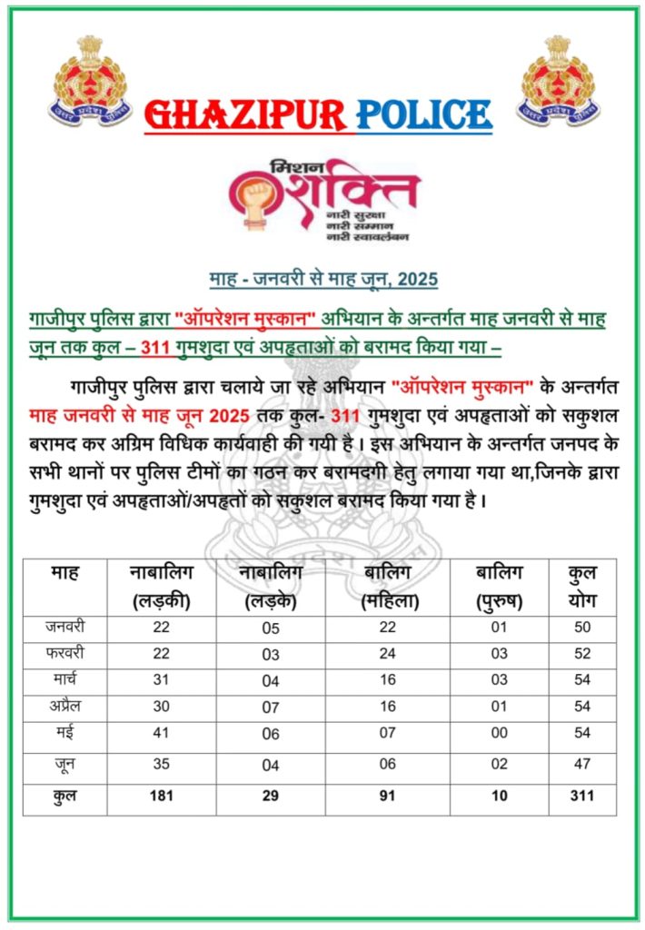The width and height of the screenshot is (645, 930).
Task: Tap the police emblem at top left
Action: click(x=88, y=81)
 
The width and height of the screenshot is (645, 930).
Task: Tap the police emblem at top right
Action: click(x=558, y=81)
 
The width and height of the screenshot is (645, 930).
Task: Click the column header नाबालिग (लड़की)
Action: click(x=161, y=587)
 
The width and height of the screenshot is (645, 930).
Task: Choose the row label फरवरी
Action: click(x=64, y=653)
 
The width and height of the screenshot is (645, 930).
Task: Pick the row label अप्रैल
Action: click(x=64, y=704)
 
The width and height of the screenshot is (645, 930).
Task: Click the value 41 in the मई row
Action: click(x=161, y=733)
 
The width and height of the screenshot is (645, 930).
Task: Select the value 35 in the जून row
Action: click(x=161, y=765)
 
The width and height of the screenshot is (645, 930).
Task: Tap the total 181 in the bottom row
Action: click(x=161, y=796)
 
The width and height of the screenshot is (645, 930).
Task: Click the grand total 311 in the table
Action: click(x=581, y=796)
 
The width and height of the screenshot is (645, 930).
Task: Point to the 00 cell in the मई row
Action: click(x=499, y=733)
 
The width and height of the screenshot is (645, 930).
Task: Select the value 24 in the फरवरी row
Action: click(x=387, y=653)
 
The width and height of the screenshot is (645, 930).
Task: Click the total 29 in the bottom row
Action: click(x=270, y=796)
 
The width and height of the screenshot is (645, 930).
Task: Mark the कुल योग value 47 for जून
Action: click(x=581, y=765)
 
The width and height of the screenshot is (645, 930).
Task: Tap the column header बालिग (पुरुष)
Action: click(x=499, y=587)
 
